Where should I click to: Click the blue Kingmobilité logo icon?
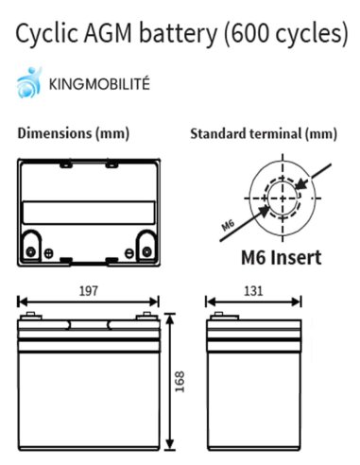(29, 82)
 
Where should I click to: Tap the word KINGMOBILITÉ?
(99, 84)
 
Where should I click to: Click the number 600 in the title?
(249, 33)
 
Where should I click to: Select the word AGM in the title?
(108, 33)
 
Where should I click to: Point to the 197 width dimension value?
(89, 291)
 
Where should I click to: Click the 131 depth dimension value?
(253, 291)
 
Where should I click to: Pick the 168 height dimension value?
(180, 382)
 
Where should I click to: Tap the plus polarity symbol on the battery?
(48, 253)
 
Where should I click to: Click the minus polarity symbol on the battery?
(129, 253)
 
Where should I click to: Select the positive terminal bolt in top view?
(31, 251)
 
